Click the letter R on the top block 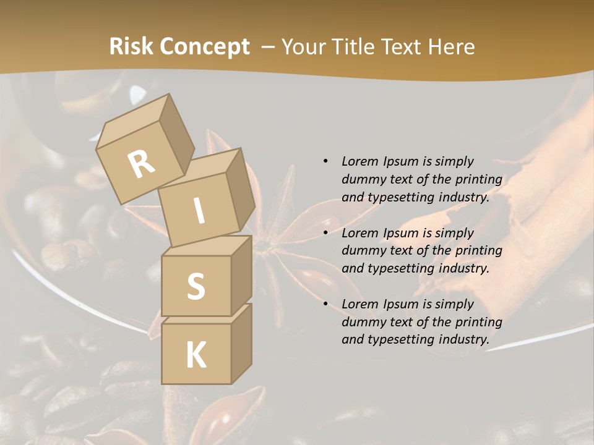(x=141, y=164)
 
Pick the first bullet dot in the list (x=325, y=161)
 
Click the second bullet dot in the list (x=325, y=233)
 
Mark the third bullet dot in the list (x=325, y=304)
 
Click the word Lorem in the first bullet (x=359, y=161)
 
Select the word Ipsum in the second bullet (x=400, y=233)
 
